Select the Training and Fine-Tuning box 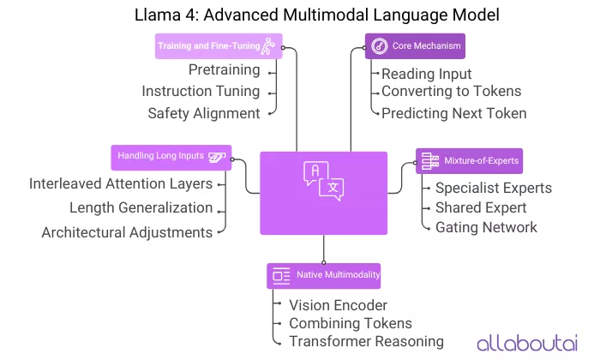[x=218, y=46]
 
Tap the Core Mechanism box [x=414, y=46]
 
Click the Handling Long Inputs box [x=171, y=157]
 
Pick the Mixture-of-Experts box [x=468, y=161]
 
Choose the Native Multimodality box [x=324, y=275]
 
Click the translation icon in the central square [x=323, y=181]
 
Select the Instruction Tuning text [x=201, y=92]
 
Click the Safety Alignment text [x=203, y=112]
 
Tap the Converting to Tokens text [x=451, y=92]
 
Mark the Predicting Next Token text [x=454, y=112]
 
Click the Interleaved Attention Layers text [x=120, y=183]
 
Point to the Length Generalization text [x=141, y=207]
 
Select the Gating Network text [x=486, y=227]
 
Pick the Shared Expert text [x=481, y=207]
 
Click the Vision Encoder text [x=338, y=304]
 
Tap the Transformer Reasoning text [x=366, y=341]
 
